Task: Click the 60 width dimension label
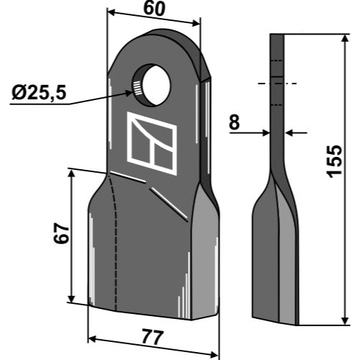[x=154, y=9]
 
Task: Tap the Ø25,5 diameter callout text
[x=39, y=93]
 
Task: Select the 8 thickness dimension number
[x=234, y=122]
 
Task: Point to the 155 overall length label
[x=334, y=161]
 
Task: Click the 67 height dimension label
[x=61, y=234]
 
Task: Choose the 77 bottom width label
[x=153, y=337]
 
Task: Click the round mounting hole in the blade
[x=152, y=85]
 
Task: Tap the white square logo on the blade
[x=152, y=143]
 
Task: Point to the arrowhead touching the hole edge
[x=127, y=93]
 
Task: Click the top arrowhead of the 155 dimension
[x=345, y=38]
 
